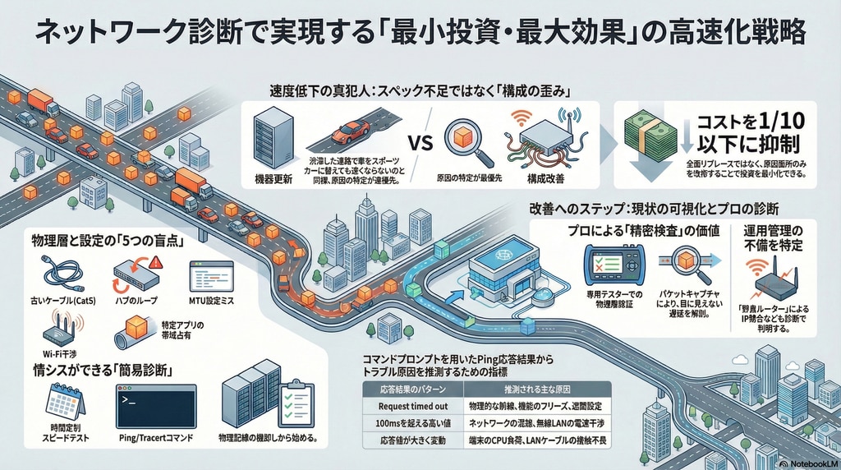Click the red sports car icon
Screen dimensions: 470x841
pos(350,131)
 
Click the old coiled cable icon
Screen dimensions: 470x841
pos(62,273)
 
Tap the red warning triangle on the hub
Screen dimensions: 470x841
pos(157,263)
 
